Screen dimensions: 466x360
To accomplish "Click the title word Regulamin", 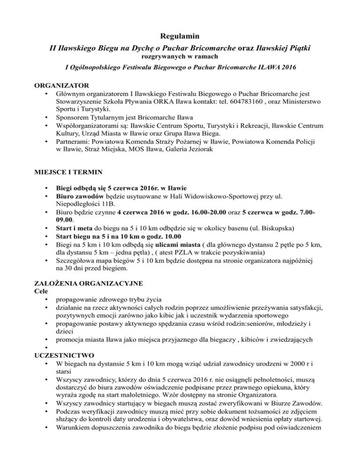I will click(x=180, y=36).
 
